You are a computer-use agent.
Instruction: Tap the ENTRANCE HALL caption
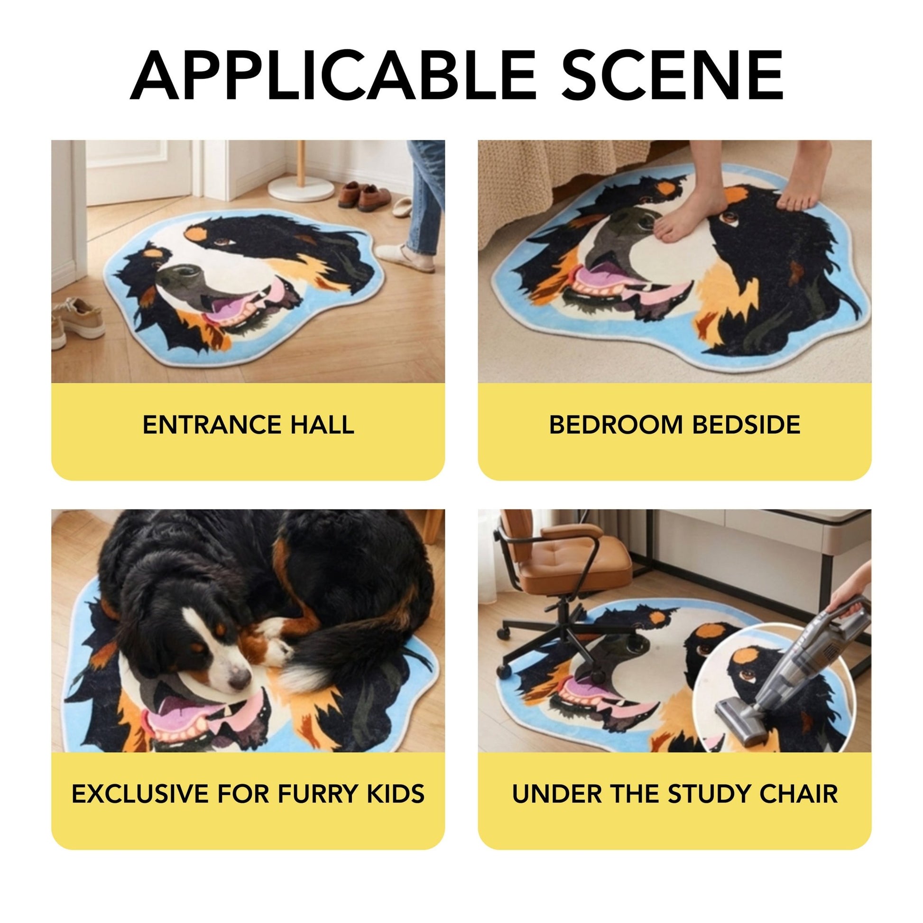248,425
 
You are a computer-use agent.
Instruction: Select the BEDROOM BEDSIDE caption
674,425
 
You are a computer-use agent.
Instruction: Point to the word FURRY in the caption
318,794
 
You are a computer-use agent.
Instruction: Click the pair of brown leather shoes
366,196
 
